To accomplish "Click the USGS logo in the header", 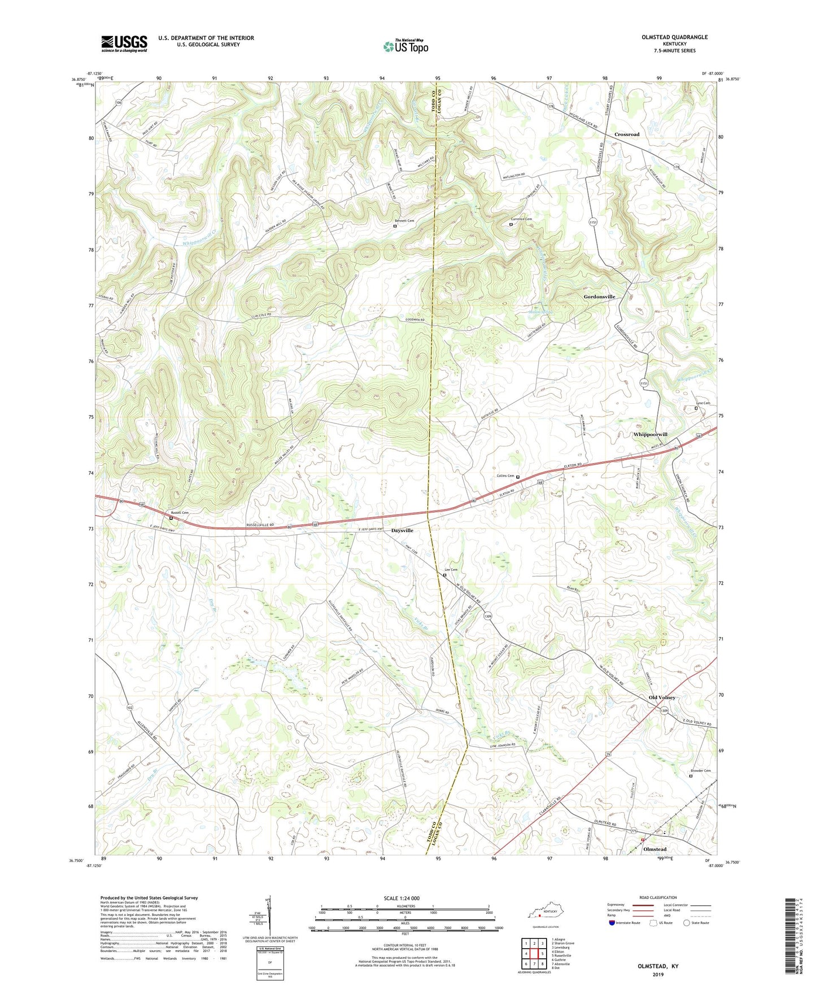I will [x=124, y=43].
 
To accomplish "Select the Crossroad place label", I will [x=627, y=134].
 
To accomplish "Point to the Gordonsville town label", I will [x=599, y=296].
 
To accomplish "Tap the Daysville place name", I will [x=402, y=531].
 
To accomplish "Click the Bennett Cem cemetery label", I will [x=404, y=220].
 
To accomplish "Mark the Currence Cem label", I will [x=521, y=219].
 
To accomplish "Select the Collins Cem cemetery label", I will [x=505, y=476].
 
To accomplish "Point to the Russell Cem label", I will [x=180, y=512].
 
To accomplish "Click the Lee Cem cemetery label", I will [x=451, y=570].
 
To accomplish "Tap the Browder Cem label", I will [x=701, y=771].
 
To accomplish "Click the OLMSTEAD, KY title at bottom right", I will [x=658, y=966].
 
